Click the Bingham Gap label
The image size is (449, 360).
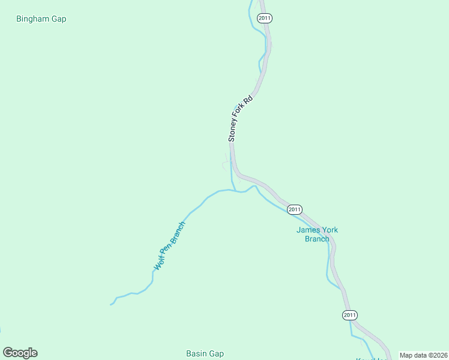41,19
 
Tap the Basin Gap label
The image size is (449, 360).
205,353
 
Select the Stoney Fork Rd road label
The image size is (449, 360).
240,118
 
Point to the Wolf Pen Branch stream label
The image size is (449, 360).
170,246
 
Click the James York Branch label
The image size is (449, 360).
317,234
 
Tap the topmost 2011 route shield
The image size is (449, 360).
265,18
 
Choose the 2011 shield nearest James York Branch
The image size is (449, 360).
294,209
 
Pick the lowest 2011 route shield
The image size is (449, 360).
350,315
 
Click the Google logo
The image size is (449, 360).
20,353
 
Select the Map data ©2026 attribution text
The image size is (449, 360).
423,355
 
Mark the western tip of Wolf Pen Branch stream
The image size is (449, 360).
110,305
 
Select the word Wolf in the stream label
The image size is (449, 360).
159,262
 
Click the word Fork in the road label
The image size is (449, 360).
241,109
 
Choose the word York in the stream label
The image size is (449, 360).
329,230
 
